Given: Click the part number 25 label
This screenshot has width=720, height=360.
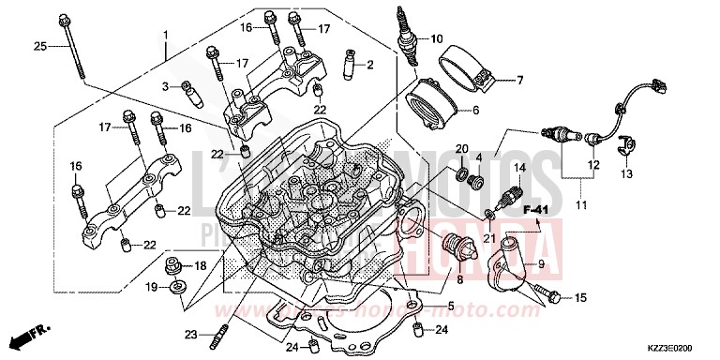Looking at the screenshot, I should [39, 47].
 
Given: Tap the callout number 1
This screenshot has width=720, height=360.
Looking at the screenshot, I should [165, 35].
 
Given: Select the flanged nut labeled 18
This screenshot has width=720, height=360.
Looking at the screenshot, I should [175, 265].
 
